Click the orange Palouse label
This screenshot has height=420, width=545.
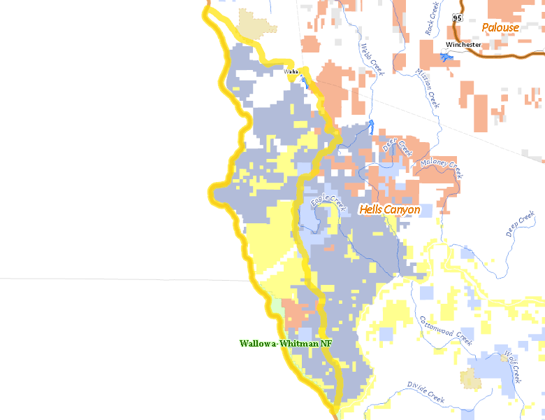pos(500,28)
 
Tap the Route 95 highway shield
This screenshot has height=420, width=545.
pos(457,17)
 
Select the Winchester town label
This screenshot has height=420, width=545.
pos(463,45)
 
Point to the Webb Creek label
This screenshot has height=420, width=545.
pos(372,59)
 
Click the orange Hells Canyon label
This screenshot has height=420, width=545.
pos(390,209)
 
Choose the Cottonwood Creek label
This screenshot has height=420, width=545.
pos(446,329)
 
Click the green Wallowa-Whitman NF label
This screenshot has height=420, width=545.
pos(285,344)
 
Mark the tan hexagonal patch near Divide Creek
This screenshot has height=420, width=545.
pos(470,379)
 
